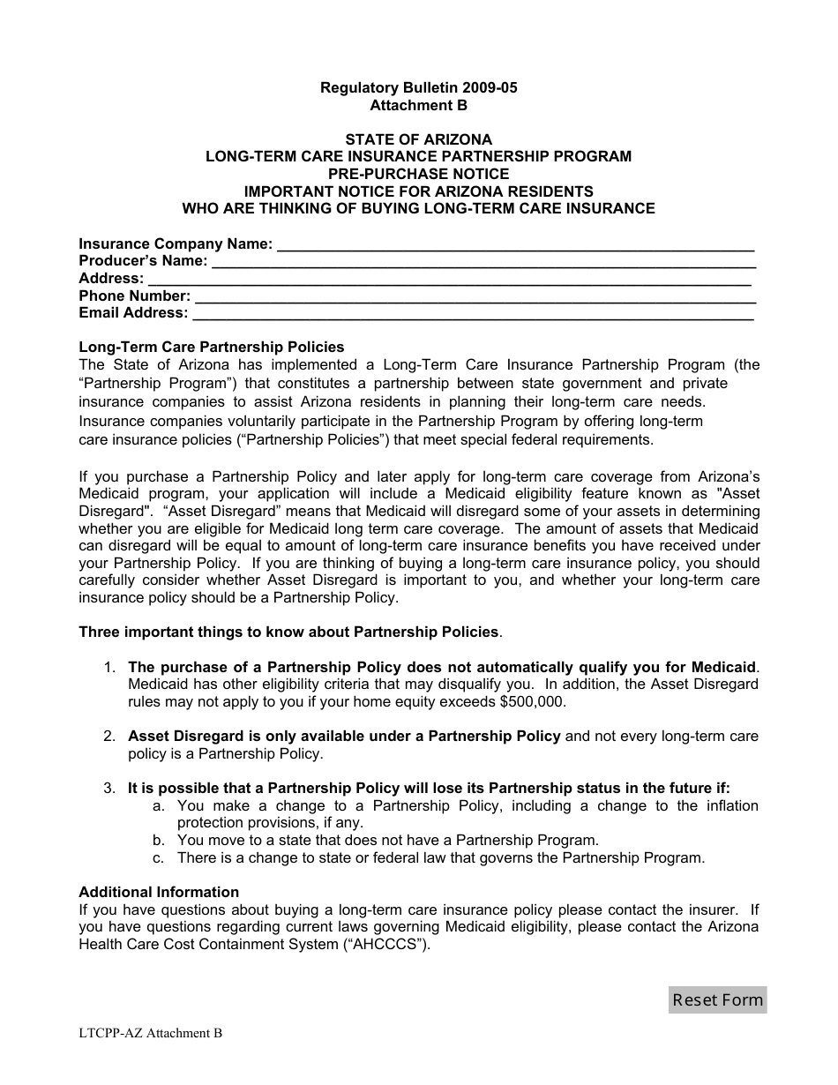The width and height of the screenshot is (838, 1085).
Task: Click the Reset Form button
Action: (717, 999)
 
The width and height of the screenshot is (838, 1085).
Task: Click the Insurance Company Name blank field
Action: (515, 244)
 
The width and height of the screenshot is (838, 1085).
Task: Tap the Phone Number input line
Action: (474, 296)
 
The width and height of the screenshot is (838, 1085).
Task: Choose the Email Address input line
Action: (472, 313)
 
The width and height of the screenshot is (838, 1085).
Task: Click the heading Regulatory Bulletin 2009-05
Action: (418, 88)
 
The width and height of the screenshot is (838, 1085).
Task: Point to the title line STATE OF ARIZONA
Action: (418, 139)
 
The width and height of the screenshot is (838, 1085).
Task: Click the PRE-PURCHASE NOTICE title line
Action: (418, 174)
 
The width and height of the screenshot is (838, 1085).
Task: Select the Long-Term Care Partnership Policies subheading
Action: (212, 347)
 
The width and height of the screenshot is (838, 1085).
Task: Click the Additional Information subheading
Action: (159, 892)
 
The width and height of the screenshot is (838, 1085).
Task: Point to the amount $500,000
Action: (531, 702)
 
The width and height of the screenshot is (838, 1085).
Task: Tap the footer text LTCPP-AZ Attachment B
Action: (151, 1033)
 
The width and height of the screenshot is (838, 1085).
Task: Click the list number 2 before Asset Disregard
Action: (109, 737)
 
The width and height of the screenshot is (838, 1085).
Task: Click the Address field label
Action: (111, 279)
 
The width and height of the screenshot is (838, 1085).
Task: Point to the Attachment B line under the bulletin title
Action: (418, 105)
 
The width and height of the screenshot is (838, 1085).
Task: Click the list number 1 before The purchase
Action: (109, 668)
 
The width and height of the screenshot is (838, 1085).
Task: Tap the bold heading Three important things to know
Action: (289, 632)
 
